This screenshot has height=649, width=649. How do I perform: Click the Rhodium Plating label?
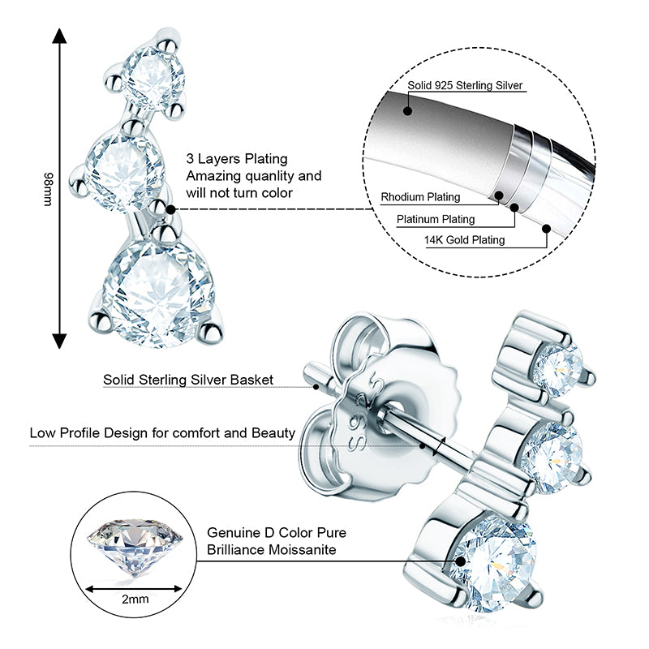click(x=420, y=197)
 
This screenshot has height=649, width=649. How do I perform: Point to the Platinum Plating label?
click(x=436, y=219)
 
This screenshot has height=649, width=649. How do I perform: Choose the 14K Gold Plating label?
click(x=464, y=240)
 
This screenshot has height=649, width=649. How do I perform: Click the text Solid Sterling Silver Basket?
click(x=188, y=379)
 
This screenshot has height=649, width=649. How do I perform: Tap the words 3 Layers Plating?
click(x=237, y=159)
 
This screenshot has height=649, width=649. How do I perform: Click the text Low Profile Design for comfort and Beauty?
click(x=162, y=432)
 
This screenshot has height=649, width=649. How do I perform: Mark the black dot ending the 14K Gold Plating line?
click(x=546, y=230)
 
